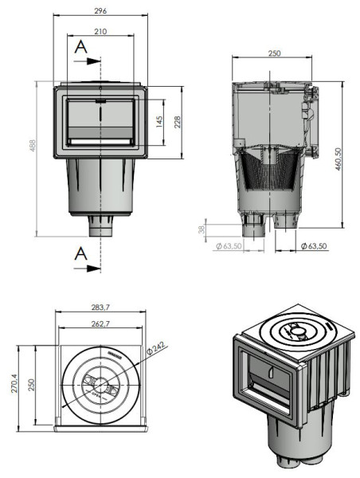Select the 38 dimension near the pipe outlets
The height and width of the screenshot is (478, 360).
(202, 229)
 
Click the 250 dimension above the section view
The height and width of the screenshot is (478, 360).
(274, 53)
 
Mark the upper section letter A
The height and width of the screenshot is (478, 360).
(79, 47)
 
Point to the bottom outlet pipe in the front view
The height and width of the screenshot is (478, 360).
(100, 227)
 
